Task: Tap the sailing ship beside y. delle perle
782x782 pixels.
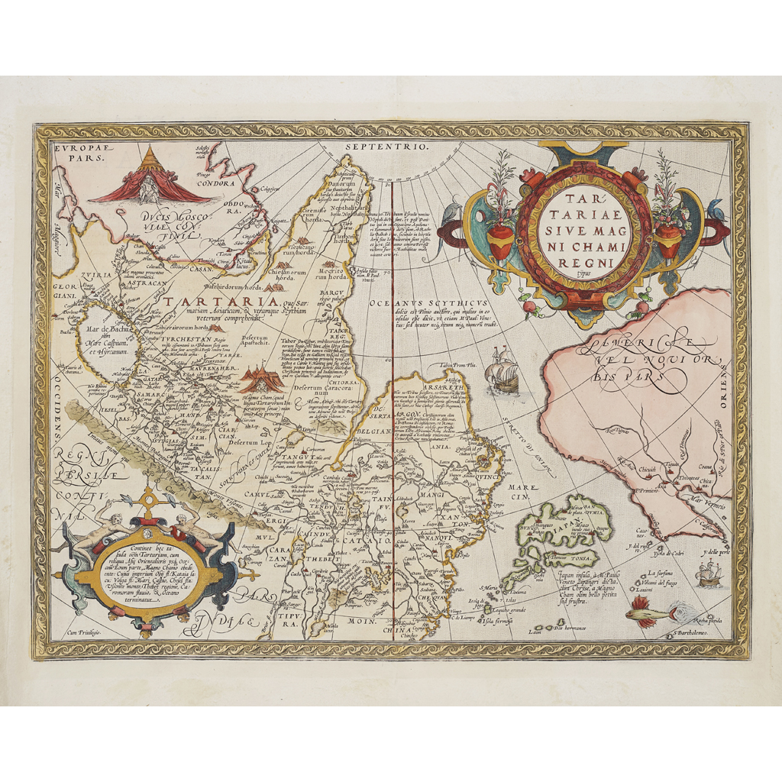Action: [x=709, y=572]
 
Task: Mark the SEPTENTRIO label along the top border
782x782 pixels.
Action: [x=389, y=146]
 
